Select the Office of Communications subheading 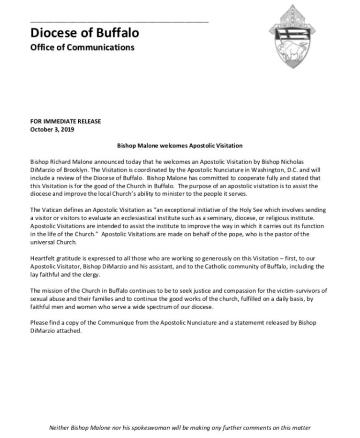[x=82, y=48]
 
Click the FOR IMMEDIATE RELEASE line [x=65, y=121]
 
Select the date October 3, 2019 [x=52, y=129]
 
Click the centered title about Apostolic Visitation [x=180, y=146]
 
